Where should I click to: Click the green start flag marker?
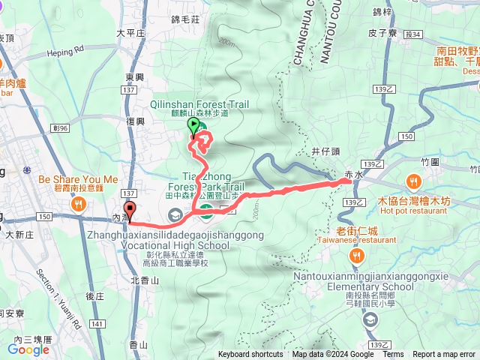(194, 126)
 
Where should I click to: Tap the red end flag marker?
(130, 210)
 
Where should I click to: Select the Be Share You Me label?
(78, 180)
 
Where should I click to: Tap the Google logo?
(28, 349)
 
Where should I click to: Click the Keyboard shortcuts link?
(250, 355)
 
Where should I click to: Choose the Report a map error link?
(444, 355)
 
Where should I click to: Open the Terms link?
(393, 355)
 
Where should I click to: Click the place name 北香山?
(144, 280)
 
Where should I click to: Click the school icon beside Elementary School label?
(369, 320)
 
